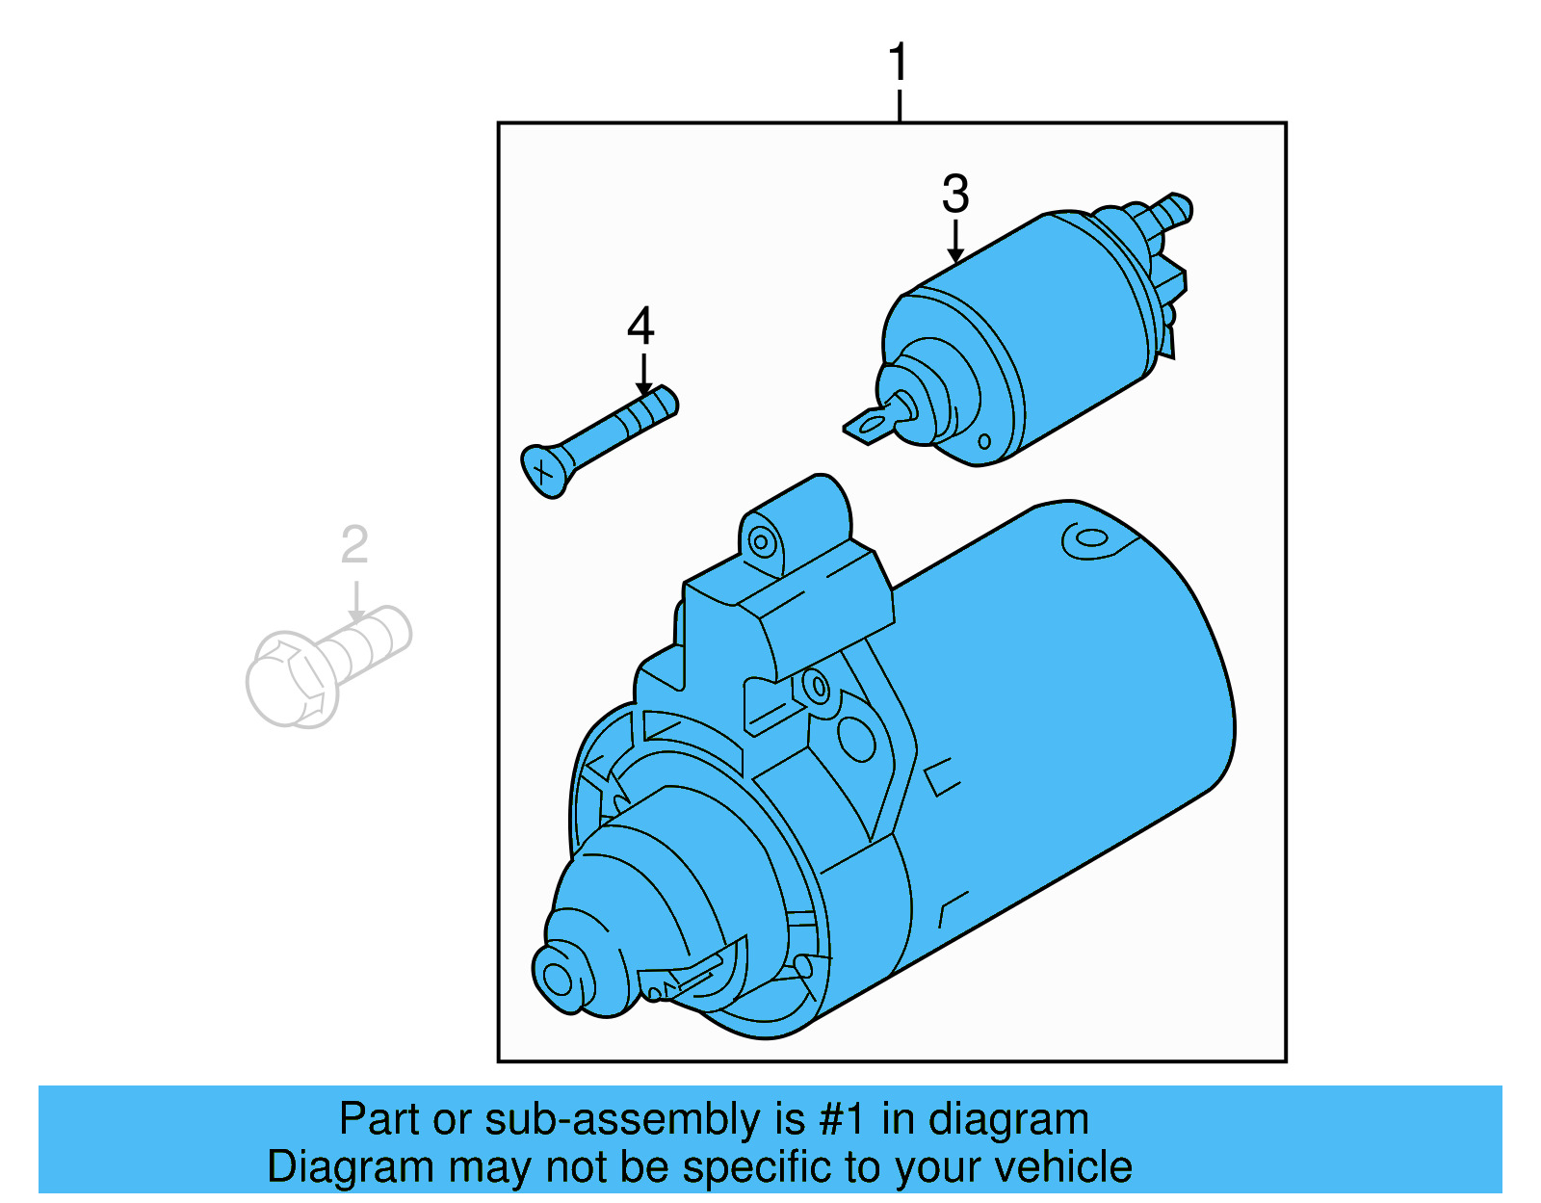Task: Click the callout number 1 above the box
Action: click(898, 64)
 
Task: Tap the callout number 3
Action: click(954, 195)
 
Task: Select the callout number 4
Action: click(640, 327)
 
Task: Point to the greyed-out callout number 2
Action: click(354, 546)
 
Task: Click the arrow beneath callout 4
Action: click(643, 376)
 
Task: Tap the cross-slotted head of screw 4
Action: click(544, 471)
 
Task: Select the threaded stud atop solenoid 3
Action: click(1172, 210)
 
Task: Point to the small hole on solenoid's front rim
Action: click(983, 442)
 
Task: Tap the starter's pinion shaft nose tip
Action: click(558, 980)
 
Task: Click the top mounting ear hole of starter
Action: click(762, 542)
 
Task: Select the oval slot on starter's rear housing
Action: click(1089, 538)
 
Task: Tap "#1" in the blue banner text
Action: click(841, 1120)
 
